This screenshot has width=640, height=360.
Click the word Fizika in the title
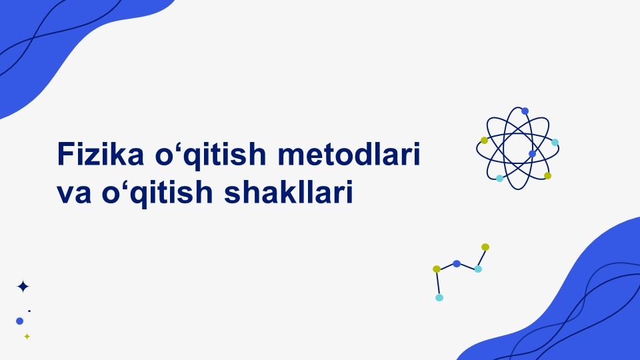pos(101,153)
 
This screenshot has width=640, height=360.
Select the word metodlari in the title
pos(349,153)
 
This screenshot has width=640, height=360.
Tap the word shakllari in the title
pos(288,192)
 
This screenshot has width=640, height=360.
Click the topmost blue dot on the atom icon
pos(525,111)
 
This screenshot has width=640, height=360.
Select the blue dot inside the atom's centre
pos(532,153)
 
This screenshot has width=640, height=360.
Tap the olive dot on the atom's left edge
pos(484,141)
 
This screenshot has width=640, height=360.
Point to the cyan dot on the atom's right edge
pos(555,143)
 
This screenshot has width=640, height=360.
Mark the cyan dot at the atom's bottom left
pos(499,179)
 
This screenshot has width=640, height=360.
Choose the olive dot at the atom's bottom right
pos(548,175)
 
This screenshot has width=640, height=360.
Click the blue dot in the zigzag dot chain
pos(457,264)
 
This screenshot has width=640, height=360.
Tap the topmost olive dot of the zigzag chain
pos(485,247)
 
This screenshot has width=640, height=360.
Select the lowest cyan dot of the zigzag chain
pos(439,297)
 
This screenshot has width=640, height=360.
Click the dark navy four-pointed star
pos(23,287)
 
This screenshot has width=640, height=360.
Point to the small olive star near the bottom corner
pos(27,336)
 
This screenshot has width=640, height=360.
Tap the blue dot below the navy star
pos(19,321)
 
